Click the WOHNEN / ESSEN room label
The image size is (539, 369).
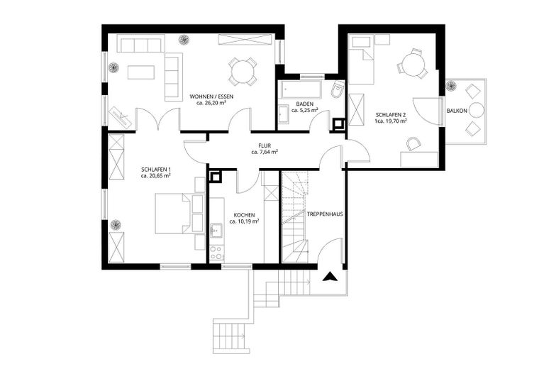coord(211,96)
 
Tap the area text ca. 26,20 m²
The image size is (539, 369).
coord(211,103)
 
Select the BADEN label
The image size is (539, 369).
coord(304,103)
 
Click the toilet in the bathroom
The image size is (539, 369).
coord(338,90)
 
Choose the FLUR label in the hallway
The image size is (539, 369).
coord(265,145)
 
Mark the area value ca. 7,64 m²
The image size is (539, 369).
coord(265,152)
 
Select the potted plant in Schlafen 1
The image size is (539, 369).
coord(114,226)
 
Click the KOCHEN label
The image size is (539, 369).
coord(244,214)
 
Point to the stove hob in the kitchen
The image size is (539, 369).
coord(216,251)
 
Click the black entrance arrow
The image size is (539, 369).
coord(329,277)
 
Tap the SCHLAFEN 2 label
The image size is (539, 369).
coord(391,114)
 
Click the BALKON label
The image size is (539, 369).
coord(457,111)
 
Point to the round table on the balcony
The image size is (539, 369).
coord(476,110)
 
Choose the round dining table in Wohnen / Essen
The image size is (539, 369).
coord(243,71)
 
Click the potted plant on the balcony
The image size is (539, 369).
coord(450,87)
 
